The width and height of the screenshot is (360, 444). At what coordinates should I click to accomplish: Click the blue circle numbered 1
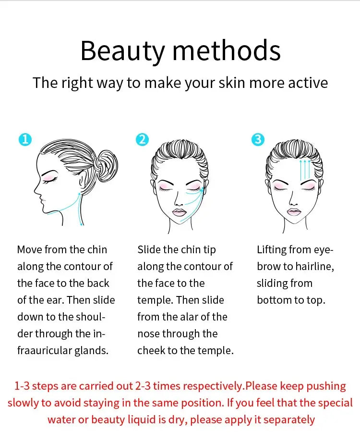(25, 140)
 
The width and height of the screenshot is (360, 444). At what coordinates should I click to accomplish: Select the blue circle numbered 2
(142, 140)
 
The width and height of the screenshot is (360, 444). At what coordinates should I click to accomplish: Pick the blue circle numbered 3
(258, 140)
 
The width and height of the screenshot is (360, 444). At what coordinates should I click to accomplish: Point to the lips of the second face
(180, 212)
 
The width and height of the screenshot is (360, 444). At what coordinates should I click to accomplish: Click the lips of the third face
(294, 212)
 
